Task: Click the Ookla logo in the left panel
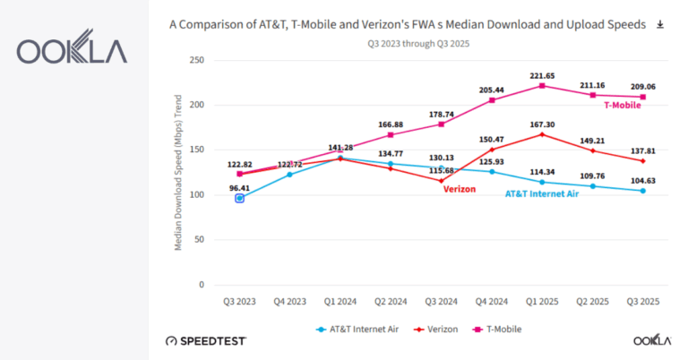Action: click(x=72, y=51)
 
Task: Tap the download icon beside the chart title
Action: click(x=660, y=24)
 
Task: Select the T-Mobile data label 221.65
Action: click(x=542, y=75)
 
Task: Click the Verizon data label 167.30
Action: click(x=542, y=124)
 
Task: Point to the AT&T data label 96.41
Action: click(x=239, y=188)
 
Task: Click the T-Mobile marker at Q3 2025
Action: click(x=643, y=97)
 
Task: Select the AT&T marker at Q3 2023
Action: click(x=239, y=198)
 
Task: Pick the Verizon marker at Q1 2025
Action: click(x=542, y=134)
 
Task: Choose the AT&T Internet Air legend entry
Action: click(x=357, y=330)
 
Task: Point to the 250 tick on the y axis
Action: click(x=197, y=60)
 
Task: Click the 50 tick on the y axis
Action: click(x=200, y=240)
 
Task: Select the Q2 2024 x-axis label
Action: click(x=391, y=303)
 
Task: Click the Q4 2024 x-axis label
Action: click(x=491, y=303)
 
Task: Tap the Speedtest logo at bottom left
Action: click(x=206, y=341)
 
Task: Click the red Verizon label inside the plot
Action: click(x=460, y=189)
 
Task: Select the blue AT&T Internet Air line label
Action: click(x=542, y=193)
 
